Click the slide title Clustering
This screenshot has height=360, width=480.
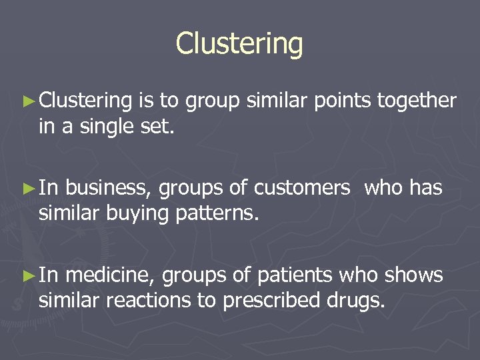pos(239,44)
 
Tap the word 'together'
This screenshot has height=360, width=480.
pos(417,101)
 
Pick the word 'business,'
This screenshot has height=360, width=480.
pos(111,189)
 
